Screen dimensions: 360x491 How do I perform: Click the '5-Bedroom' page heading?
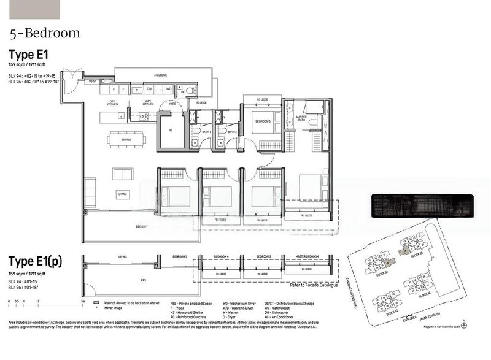point(45,33)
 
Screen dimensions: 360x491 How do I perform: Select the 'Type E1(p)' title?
point(35,261)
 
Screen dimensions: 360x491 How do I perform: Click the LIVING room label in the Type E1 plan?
point(123,194)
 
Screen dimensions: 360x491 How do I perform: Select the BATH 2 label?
point(232,132)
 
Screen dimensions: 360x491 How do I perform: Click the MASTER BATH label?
point(302,118)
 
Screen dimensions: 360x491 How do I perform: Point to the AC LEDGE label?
point(160,75)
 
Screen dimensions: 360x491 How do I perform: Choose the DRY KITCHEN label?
point(112,102)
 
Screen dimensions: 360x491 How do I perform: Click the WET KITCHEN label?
point(148,102)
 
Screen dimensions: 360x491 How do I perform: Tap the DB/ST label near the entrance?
point(93,81)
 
